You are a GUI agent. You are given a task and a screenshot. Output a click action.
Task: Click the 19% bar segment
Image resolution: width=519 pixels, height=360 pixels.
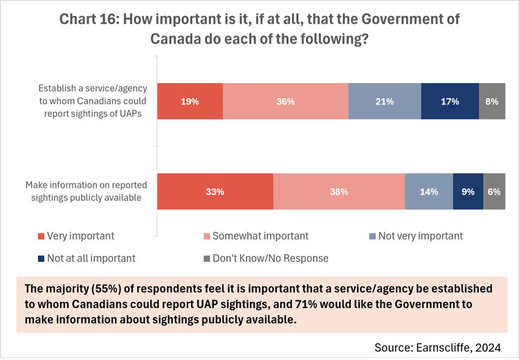coord(190,101)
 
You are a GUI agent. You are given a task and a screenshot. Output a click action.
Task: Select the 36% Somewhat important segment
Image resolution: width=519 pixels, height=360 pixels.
coord(285,101)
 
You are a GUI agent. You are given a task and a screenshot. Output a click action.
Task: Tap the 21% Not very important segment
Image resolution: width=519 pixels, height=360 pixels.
coord(384,101)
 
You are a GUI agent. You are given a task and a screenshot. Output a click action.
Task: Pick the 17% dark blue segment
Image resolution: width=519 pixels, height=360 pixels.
coord(449,101)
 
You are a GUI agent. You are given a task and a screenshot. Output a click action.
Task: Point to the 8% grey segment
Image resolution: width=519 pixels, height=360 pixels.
coord(492,101)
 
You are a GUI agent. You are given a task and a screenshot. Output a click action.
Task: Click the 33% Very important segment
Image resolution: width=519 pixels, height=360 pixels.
coord(215,192)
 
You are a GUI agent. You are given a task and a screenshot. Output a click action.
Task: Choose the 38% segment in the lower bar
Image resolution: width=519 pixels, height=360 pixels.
coord(339,192)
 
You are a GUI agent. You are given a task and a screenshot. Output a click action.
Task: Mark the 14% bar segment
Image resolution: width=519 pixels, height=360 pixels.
coord(428,192)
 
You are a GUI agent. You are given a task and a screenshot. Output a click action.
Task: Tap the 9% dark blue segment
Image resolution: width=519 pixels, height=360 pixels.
coord(468,192)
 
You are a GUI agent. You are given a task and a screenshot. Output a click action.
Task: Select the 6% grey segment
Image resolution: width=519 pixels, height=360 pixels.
coord(494,192)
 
